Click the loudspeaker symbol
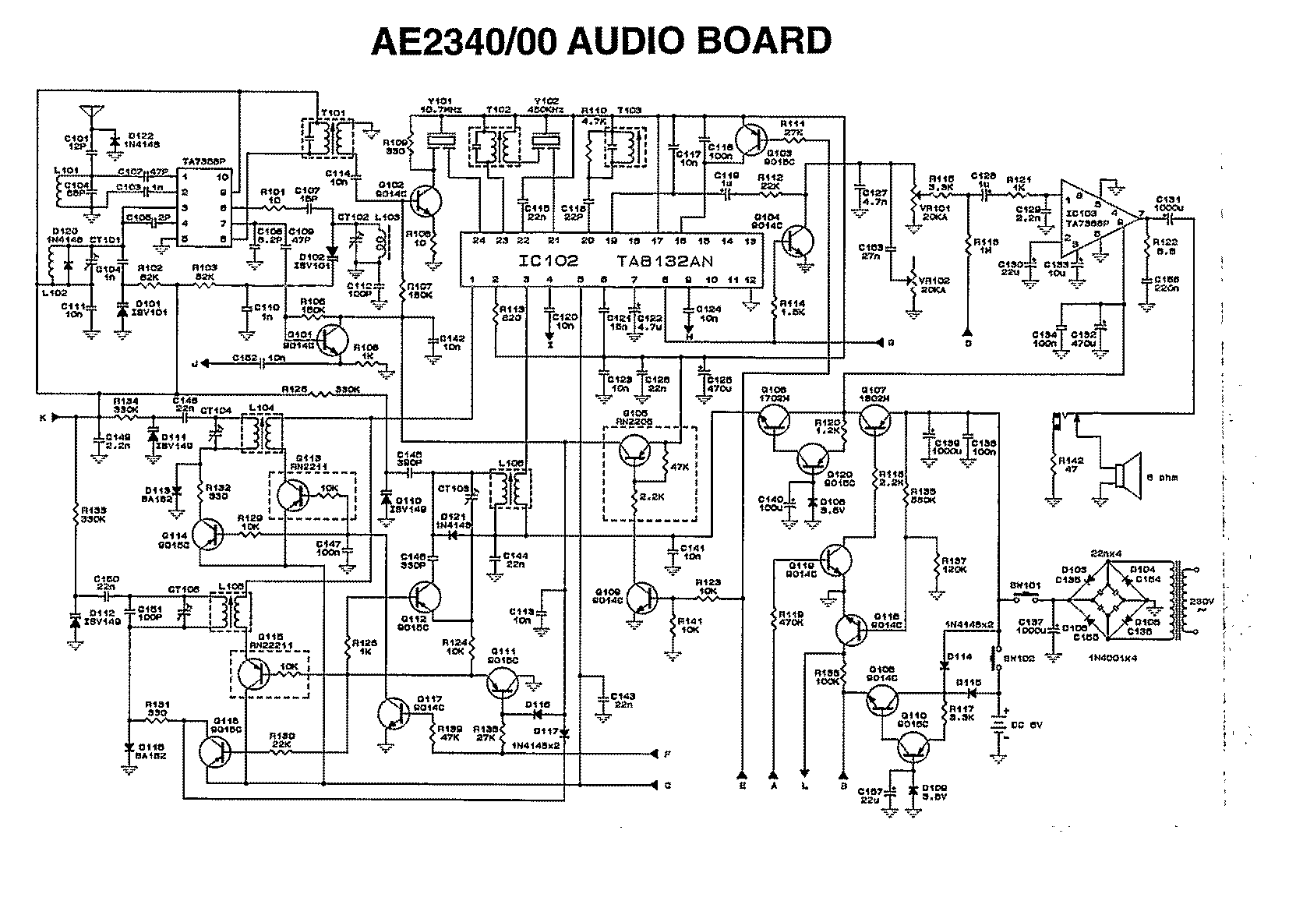coord(1122,473)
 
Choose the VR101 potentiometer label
coord(931,209)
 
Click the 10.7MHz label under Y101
coord(441,111)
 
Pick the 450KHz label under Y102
coord(543,111)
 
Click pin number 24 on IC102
coord(479,242)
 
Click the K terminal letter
coord(44,417)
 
